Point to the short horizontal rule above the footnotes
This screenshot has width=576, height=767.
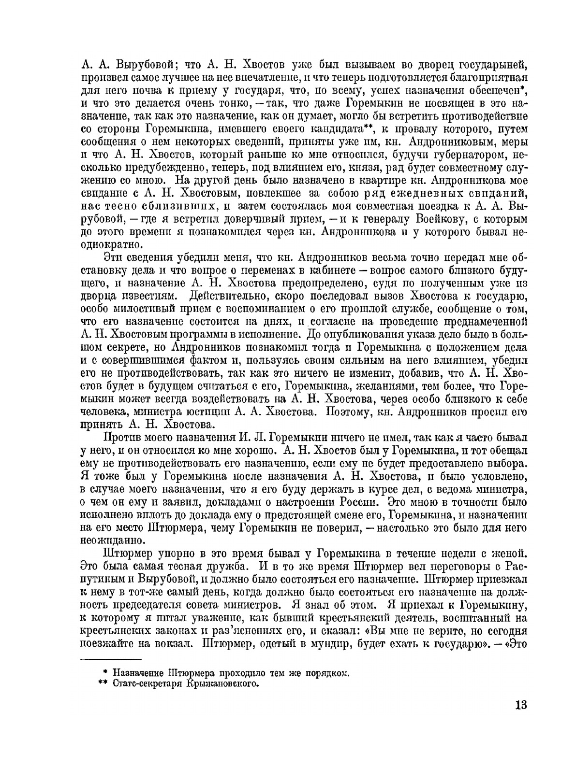pos(110,659)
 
